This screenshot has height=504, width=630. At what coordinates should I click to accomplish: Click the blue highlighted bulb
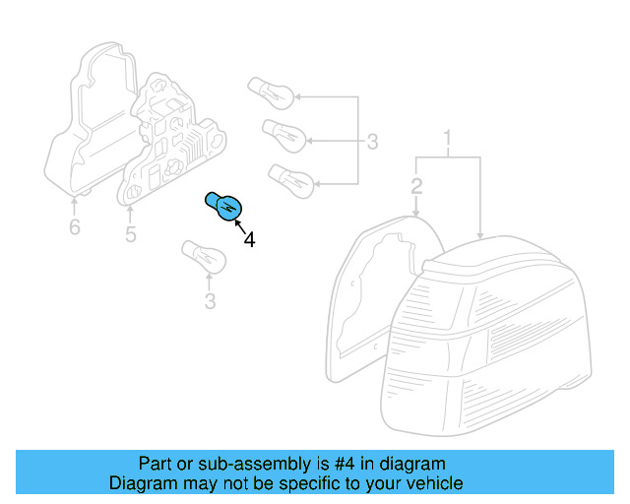(224, 207)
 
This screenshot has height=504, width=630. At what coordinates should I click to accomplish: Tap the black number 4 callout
(249, 240)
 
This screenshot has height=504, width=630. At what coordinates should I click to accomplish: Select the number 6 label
(75, 227)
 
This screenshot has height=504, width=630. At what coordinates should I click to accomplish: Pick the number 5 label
(131, 234)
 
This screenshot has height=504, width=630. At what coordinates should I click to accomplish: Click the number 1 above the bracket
(448, 138)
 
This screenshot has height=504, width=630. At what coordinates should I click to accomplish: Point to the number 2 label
(416, 186)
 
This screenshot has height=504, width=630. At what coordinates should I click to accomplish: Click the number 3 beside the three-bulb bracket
(372, 142)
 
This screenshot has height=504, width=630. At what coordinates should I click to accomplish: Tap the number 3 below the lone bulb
(210, 301)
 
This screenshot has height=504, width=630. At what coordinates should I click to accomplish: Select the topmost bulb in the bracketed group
(271, 94)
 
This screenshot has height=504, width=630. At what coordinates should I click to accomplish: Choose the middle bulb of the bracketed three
(284, 136)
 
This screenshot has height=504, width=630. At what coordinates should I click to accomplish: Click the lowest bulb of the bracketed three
(291, 181)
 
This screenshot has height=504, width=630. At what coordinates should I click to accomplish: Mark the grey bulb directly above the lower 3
(204, 257)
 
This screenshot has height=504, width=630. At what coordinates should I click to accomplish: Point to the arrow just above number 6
(75, 206)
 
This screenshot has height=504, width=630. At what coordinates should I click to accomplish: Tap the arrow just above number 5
(130, 215)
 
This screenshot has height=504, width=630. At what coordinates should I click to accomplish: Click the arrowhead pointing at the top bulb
(297, 96)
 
